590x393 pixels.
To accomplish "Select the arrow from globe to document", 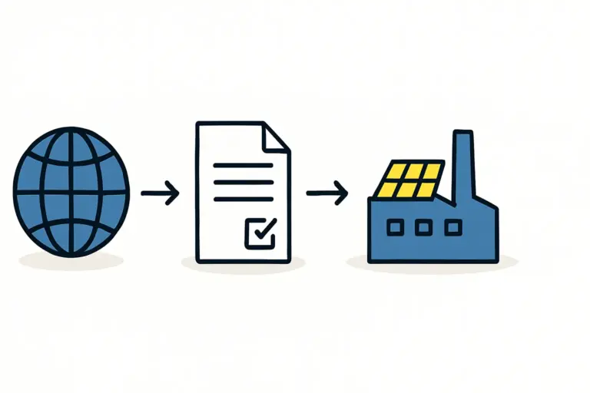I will [x=160, y=193].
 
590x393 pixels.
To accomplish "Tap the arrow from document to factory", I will [x=326, y=192].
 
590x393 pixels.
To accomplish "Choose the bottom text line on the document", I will [x=243, y=199].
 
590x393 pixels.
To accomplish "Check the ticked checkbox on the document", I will [x=260, y=231].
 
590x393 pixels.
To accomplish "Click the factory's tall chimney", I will [x=462, y=165].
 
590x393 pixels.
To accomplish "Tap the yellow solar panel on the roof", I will [x=411, y=180].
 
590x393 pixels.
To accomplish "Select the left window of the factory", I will [x=396, y=227].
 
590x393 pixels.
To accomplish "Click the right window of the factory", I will [x=453, y=227].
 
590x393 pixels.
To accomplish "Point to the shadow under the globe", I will [x=71, y=261].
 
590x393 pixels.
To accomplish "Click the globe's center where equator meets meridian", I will [x=71, y=193].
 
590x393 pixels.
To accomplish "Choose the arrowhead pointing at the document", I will [x=174, y=193].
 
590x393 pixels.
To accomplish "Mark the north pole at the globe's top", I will [x=71, y=130].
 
